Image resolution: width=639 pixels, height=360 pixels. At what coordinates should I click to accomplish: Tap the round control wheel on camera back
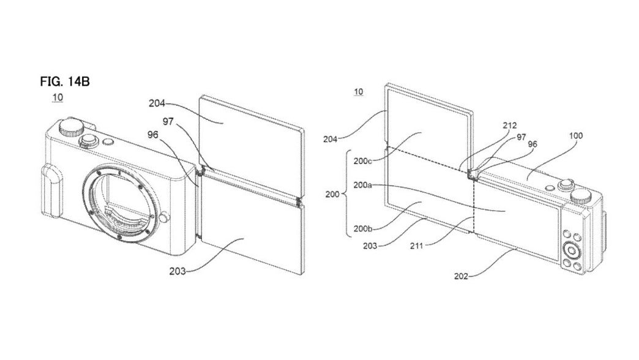(572, 251)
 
